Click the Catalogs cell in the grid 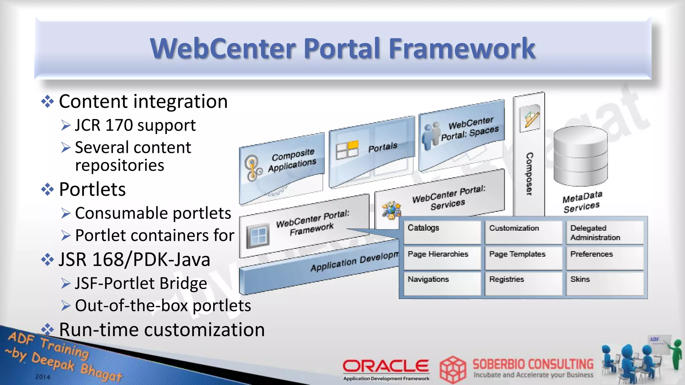pos(442,232)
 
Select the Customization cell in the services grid pos(523,232)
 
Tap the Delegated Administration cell pos(604,232)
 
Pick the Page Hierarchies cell pos(442,258)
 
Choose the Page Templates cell pos(523,258)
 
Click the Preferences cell pos(604,258)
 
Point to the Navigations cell pos(442,283)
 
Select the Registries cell pos(523,283)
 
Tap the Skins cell pos(604,283)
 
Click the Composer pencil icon pos(530,118)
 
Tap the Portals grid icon pos(347,150)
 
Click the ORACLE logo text pos(386,366)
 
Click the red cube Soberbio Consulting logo pos(453,370)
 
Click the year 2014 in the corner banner pos(43,377)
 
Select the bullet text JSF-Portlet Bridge pos(141,283)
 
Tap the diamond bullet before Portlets pos(47,189)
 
